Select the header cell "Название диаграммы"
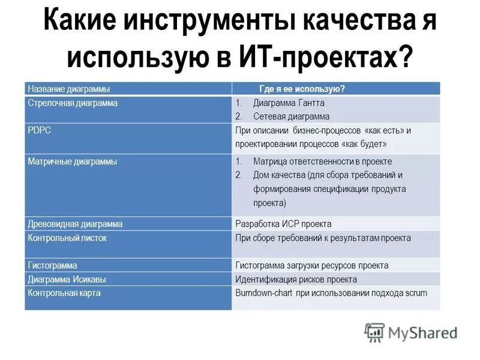69,89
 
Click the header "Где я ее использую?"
302,89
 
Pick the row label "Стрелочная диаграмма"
73,103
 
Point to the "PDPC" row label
40,130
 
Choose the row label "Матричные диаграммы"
73,161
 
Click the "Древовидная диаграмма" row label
75,224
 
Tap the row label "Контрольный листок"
67,238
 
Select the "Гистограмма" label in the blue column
52,265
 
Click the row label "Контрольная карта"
64,293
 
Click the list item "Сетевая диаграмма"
291,116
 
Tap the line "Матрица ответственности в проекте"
322,161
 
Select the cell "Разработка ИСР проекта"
283,224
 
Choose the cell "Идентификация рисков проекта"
296,279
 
